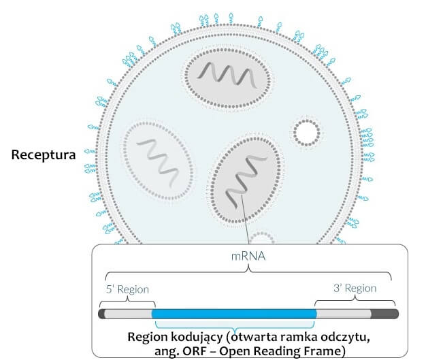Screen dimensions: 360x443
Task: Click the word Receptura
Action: tap(42, 154)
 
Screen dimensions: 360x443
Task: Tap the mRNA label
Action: tap(248, 259)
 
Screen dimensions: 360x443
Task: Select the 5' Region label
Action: tap(128, 289)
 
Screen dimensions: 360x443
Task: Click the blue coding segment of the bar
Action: tap(234, 314)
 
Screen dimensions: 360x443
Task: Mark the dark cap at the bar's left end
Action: tap(103, 314)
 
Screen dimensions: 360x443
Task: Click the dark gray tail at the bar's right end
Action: tap(385, 314)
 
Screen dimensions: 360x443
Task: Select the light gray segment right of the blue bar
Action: tap(344, 314)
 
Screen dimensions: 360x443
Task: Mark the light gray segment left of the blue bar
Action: tap(129, 314)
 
